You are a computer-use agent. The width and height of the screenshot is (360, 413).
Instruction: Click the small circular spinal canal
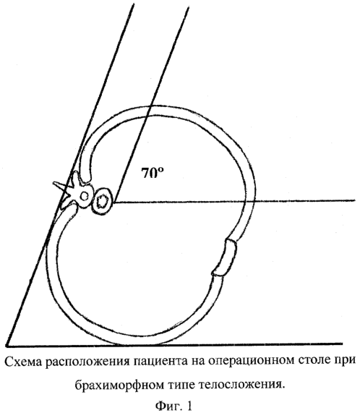pyautogui.click(x=84, y=196)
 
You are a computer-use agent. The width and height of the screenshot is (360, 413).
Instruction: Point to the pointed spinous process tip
pyautogui.click(x=53, y=182)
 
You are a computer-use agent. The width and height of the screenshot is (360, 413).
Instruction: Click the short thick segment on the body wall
pyautogui.click(x=225, y=257)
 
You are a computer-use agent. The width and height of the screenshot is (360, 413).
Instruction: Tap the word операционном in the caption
pyautogui.click(x=252, y=362)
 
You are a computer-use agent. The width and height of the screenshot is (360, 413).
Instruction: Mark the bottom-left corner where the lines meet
pyautogui.click(x=7, y=345)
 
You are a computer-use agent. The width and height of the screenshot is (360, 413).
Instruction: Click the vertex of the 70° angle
pyautogui.click(x=114, y=203)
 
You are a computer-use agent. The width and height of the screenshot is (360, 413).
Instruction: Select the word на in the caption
pyautogui.click(x=198, y=362)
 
